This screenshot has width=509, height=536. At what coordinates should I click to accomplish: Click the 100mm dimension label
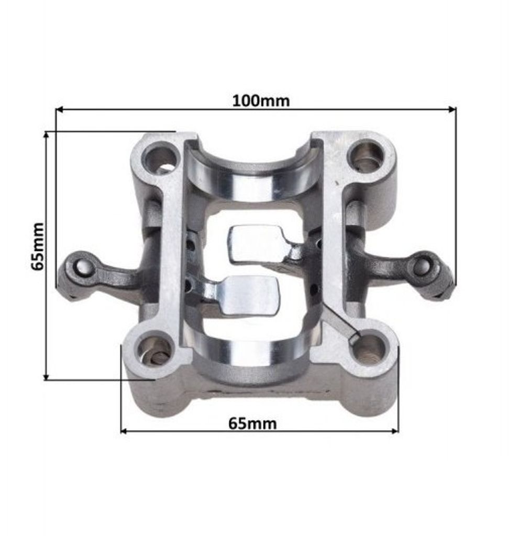tap(261, 101)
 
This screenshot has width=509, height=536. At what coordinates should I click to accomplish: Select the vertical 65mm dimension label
tap(38, 246)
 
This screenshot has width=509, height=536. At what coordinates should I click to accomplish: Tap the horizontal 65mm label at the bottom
tap(252, 424)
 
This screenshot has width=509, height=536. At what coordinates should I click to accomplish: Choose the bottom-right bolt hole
tap(369, 350)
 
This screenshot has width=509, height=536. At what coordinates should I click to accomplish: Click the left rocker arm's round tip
tap(81, 267)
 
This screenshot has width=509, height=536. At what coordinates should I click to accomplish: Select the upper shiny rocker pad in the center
tap(256, 244)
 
